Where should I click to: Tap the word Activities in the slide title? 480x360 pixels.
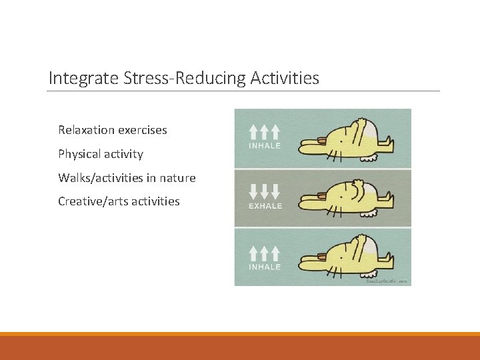click(x=285, y=79)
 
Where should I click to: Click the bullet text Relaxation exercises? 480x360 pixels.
click(x=112, y=130)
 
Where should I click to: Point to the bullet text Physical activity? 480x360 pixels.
click(x=100, y=154)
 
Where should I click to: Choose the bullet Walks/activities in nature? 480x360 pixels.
click(x=127, y=178)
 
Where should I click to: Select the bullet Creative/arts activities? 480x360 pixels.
click(x=119, y=201)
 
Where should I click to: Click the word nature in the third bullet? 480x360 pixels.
click(x=177, y=178)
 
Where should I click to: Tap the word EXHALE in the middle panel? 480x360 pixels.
click(x=265, y=206)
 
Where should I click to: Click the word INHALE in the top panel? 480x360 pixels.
click(x=265, y=145)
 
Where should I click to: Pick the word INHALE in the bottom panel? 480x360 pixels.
click(x=265, y=267)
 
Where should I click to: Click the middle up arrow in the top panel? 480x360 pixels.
click(x=265, y=131)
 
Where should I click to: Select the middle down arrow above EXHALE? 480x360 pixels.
click(x=265, y=192)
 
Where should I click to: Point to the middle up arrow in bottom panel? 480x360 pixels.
click(x=265, y=253)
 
